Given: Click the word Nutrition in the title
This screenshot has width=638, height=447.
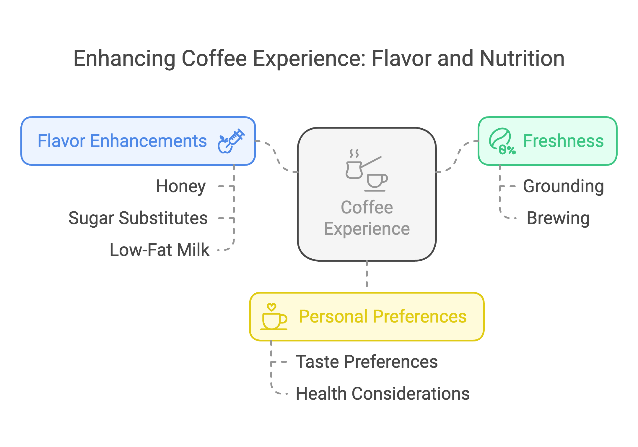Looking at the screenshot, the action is tap(522, 59).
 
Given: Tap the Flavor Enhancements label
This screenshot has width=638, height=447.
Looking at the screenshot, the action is tap(122, 141).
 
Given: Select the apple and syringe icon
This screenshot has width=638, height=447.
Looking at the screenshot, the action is tap(231, 141).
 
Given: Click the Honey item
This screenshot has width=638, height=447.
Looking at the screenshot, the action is tap(181, 187).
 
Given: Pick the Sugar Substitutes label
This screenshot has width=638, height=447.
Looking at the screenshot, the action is tap(138, 218).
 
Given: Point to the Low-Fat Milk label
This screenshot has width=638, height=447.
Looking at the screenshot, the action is tap(159, 250).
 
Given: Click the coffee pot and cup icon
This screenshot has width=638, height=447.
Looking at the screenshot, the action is tap(367, 170).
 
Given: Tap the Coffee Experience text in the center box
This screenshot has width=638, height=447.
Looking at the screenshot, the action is tap(367, 218).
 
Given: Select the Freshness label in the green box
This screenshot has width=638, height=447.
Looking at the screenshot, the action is tap(563, 141).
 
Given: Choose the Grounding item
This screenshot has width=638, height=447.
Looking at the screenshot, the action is tap(563, 187).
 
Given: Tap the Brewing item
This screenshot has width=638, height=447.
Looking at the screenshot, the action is tap(558, 218).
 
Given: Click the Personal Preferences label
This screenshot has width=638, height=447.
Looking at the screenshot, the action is tap(383, 317).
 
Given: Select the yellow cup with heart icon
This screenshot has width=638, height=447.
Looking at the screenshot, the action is tap(274, 317).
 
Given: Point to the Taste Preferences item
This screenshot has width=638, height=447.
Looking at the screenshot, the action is tap(367, 362).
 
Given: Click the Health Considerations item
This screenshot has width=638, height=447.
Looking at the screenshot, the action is tap(383, 394).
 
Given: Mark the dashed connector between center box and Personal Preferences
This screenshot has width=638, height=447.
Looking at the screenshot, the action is tap(367, 274).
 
